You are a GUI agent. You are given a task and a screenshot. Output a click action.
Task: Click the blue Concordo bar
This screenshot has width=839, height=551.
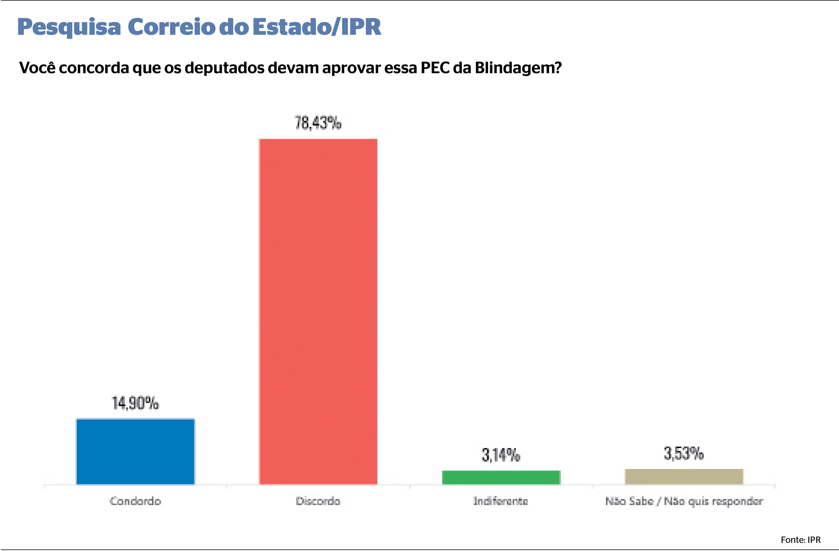pos(135,452)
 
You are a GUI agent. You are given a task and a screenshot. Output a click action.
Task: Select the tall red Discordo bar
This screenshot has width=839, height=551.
pos(318,311)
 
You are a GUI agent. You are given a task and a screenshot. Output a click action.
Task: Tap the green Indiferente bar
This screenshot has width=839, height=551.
pos(501,477)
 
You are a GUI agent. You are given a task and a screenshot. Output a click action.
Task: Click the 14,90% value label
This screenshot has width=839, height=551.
pos(135,403)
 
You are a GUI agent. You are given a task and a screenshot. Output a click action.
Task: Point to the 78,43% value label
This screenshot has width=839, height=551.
pos(318,123)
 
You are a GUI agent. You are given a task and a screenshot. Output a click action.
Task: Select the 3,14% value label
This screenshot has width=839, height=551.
pos(501,455)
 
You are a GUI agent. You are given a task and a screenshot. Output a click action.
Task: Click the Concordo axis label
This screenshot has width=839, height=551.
pos(135,501)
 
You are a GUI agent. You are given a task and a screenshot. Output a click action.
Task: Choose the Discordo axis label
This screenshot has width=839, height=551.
pos(318,501)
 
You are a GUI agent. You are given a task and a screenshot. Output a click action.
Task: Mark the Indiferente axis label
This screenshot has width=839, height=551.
pos(501,501)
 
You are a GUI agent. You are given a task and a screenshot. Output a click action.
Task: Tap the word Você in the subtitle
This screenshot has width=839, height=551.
pos(37,68)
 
